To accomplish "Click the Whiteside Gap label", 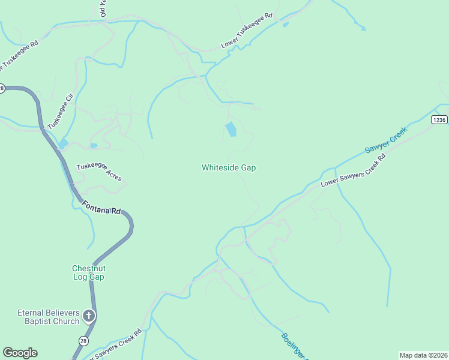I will pos(228,168).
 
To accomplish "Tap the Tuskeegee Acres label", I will pos(98,173).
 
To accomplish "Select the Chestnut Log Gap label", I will pos(88,272).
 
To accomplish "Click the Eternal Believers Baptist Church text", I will pos(48,317).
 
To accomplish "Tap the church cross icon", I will pos(89,316).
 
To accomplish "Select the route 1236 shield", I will pos(439,120).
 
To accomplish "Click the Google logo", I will pos(20,353).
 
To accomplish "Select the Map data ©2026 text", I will pos(423,355).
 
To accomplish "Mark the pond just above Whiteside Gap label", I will pos(231,129).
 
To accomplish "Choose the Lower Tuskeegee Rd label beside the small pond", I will pos(247,31).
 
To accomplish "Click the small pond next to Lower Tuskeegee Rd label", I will pos(285,25).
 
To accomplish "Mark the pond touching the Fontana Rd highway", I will pos(63,145).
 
